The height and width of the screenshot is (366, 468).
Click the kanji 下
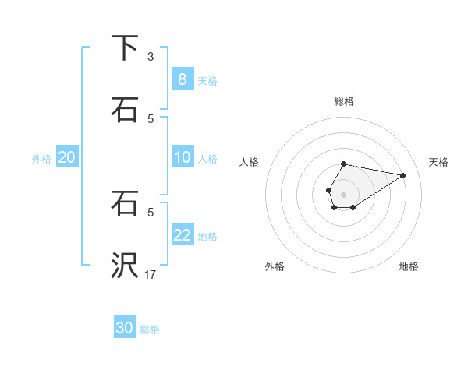click(125, 48)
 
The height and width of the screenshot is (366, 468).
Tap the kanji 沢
click(125, 266)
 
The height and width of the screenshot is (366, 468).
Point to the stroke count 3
click(151, 57)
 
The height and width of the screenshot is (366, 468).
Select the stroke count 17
click(151, 274)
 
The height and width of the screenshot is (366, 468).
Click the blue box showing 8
click(182, 79)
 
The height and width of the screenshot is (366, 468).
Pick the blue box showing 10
click(182, 157)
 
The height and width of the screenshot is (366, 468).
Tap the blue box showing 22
click(182, 235)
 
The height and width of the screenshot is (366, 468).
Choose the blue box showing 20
click(66, 157)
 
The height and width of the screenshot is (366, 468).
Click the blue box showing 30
click(125, 328)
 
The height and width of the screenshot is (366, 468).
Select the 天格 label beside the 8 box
click(207, 80)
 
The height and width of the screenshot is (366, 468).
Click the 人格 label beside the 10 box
click(207, 158)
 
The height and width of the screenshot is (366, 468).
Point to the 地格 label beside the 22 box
click(207, 236)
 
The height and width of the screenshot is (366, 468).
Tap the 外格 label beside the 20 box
click(41, 158)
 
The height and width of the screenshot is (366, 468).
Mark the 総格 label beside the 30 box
click(150, 329)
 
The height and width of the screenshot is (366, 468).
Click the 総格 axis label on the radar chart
click(343, 101)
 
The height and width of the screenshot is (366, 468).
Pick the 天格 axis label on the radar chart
click(438, 162)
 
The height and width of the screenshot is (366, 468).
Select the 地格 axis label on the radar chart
click(409, 266)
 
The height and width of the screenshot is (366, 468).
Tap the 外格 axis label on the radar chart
click(275, 266)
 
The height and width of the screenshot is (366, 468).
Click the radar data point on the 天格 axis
click(402, 174)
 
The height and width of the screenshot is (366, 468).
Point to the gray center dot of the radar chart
click(343, 193)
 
